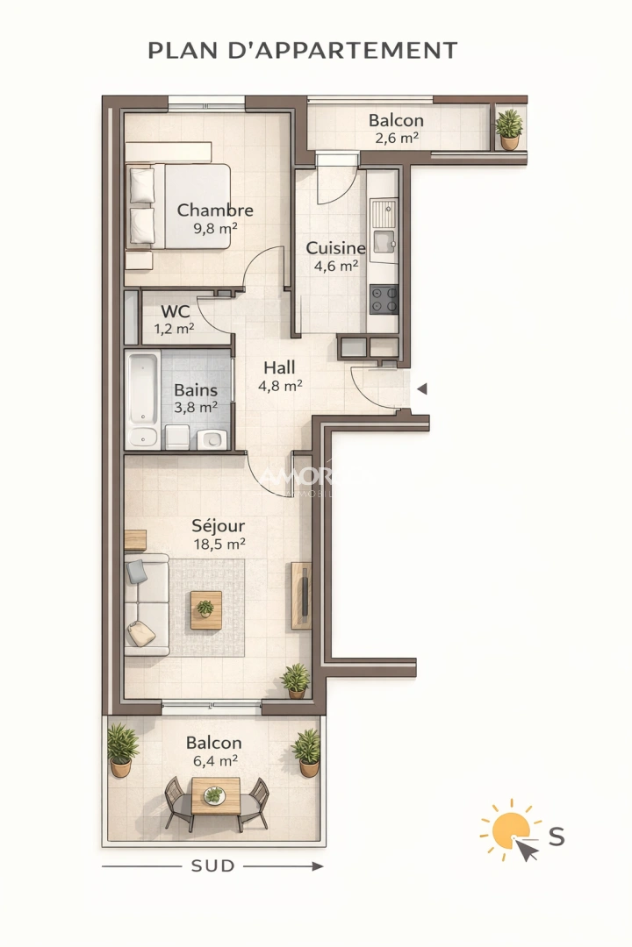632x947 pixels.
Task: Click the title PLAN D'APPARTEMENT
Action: pos(303,50)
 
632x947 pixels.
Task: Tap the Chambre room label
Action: pos(215,210)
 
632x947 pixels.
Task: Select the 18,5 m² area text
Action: pos(219,544)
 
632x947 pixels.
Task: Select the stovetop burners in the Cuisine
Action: pos(384,300)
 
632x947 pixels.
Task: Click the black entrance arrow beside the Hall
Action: pos(421,388)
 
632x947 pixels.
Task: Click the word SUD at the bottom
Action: pos(213,866)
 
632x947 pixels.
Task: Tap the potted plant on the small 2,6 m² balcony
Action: pos(508,128)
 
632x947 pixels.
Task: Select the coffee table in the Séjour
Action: pos(206,609)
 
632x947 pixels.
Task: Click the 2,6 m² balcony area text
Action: pos(396,138)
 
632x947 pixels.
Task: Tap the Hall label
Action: pos(279,367)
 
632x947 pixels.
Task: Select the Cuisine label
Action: pos(335,248)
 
